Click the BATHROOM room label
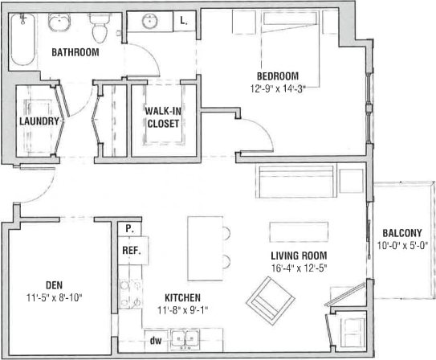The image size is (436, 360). [75, 53]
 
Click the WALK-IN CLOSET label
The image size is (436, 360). [162, 117]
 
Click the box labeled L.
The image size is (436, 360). [184, 22]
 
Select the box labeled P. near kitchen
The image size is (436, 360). [128, 229]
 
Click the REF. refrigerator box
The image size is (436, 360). [132, 251]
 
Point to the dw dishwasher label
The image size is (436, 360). [157, 341]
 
